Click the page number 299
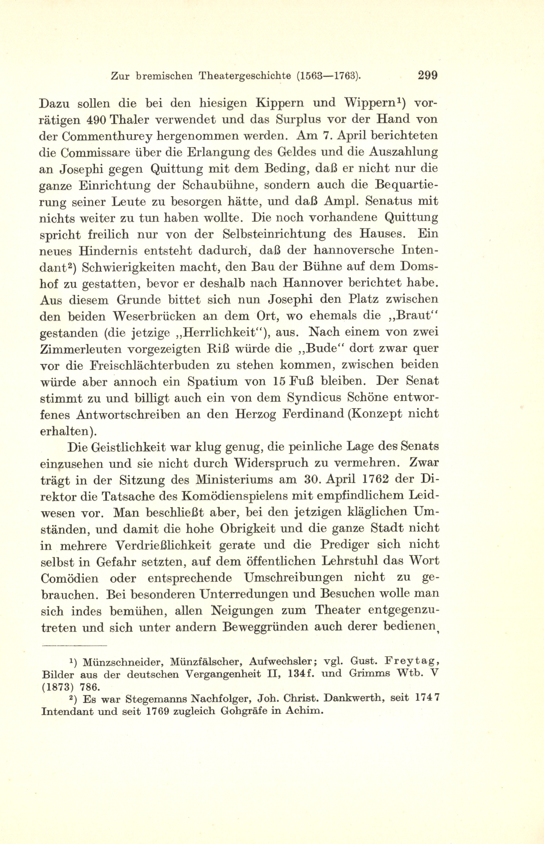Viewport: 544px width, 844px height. [x=427, y=75]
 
